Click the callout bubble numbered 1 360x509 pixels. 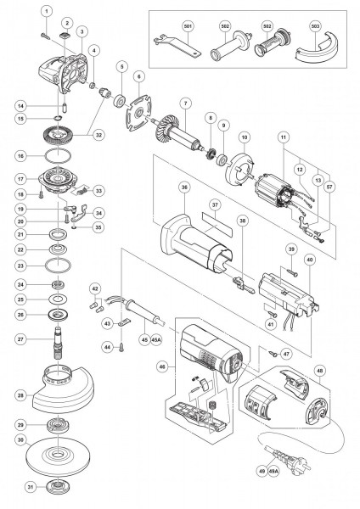coord(47,11)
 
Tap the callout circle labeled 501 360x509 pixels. coord(188,25)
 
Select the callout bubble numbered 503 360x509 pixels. coord(315,25)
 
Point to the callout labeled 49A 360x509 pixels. coord(274,471)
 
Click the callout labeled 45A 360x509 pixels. coord(156,340)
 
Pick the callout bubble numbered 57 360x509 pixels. coord(329,187)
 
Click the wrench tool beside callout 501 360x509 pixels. coord(177,46)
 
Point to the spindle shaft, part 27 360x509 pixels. coord(58,342)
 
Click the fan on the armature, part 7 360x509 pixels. coord(163,130)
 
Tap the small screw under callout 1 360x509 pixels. coord(46,36)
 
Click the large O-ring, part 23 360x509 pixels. coord(58,266)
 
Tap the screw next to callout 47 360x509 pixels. coord(273,353)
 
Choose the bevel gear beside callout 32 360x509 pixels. coord(58,133)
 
